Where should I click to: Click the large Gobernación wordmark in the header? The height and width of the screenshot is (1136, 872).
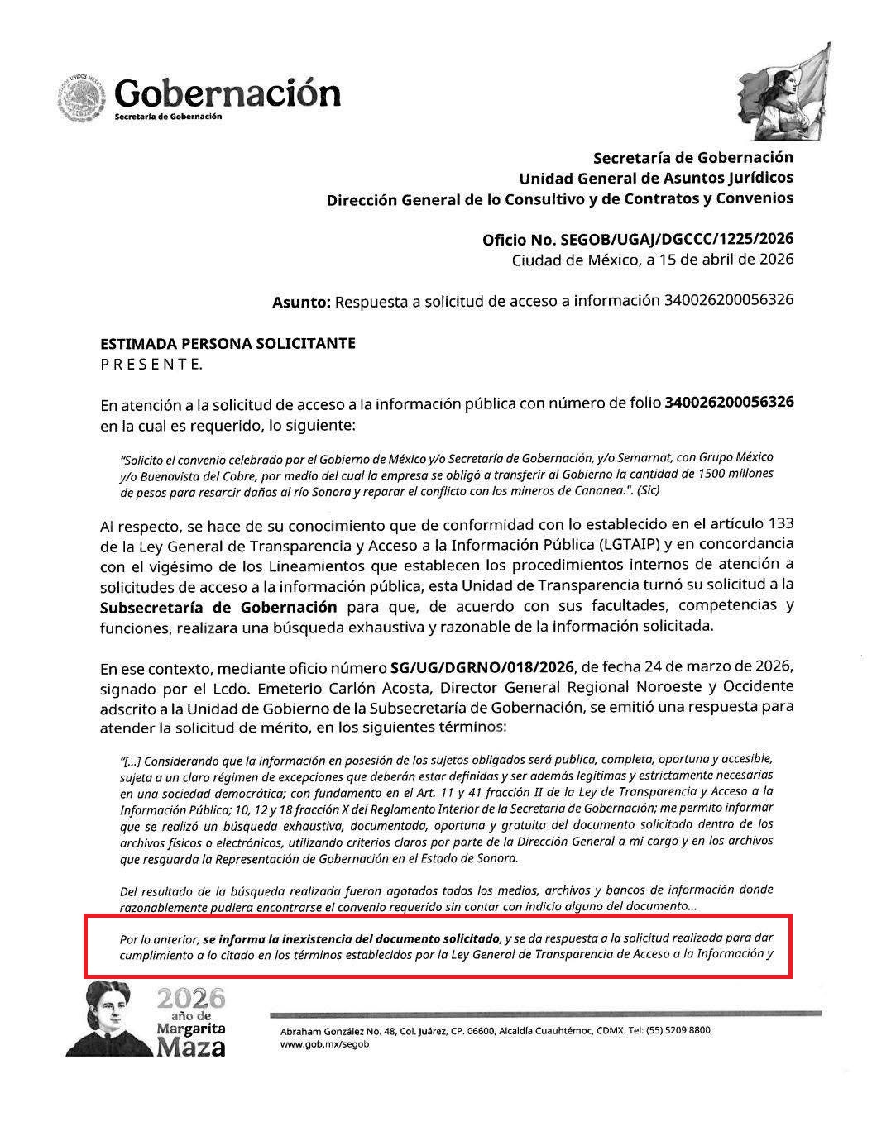[228, 93]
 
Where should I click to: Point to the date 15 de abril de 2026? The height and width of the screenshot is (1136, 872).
[728, 260]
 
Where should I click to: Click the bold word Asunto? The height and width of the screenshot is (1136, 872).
[301, 303]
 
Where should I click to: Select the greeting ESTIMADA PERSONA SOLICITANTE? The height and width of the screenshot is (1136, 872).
[228, 343]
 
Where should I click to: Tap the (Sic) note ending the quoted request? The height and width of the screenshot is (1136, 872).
[645, 490]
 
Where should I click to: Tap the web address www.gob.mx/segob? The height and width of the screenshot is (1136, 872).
[324, 1044]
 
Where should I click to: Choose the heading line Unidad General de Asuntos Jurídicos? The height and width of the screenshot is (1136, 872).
[655, 178]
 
